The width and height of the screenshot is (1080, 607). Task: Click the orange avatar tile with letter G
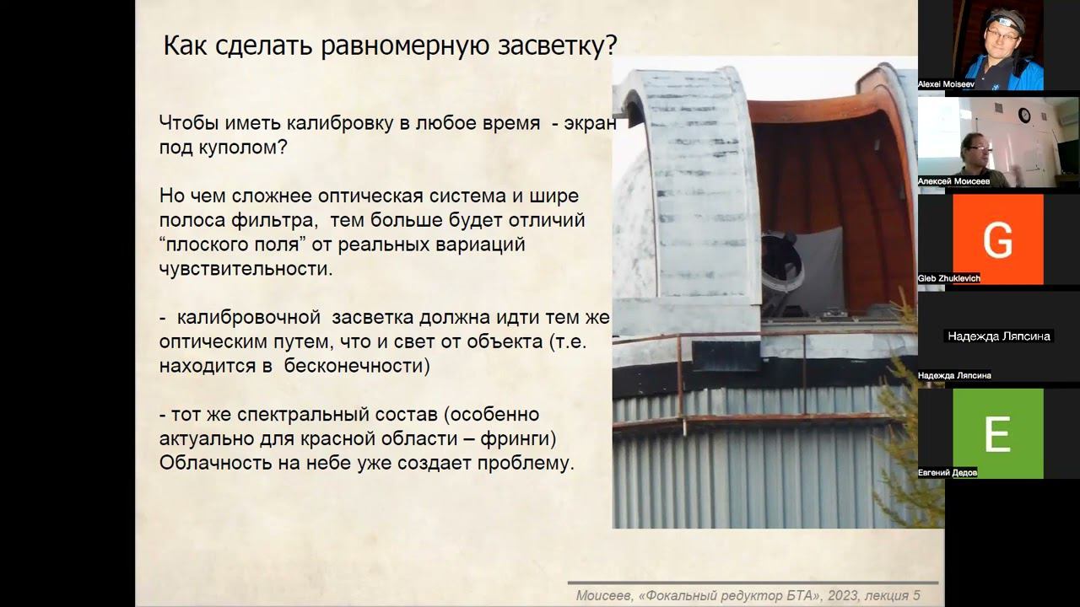point(998,239)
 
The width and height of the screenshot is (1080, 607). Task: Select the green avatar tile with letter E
point(998,433)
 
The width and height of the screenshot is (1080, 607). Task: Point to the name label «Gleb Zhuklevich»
point(949,278)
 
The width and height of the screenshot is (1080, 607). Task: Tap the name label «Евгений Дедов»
point(948,473)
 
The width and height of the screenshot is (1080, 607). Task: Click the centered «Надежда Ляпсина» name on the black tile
point(998,336)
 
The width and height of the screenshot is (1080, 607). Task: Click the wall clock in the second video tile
point(1024,115)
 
